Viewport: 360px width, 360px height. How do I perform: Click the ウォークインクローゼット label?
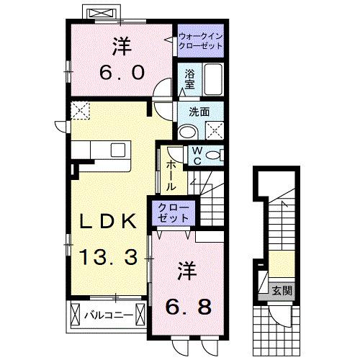pos(199,39)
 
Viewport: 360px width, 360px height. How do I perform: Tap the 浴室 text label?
pos(190,79)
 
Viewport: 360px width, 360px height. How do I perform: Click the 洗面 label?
pos(199,112)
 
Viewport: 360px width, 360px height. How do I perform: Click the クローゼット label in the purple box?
pos(172,213)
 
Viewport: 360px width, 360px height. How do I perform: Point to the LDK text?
pos(108,222)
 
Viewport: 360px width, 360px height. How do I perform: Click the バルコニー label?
pos(107,315)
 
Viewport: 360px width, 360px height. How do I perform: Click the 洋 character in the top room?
pos(121,45)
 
